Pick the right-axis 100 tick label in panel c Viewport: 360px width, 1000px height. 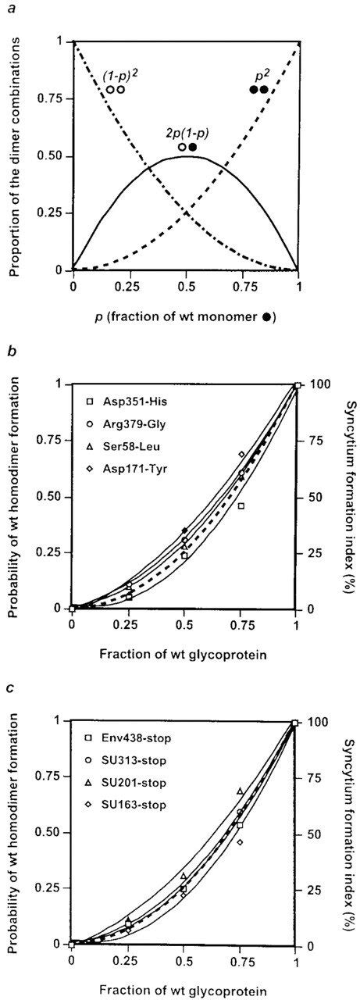(x=315, y=723)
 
